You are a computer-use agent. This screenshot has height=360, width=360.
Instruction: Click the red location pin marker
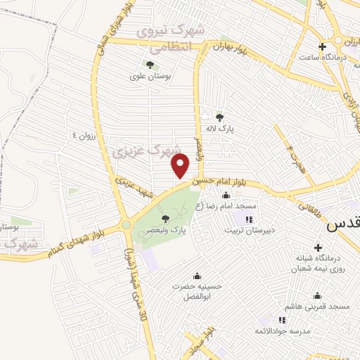tap(181, 166)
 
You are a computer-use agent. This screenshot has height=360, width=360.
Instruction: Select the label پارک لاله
tap(229, 129)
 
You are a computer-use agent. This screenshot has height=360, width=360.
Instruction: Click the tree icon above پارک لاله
tap(219, 117)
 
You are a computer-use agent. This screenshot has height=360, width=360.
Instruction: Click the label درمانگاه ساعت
tap(321, 58)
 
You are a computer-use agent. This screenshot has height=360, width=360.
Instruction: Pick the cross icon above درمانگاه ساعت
tap(322, 47)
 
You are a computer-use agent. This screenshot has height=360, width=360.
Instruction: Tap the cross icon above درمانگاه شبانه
tap(319, 248)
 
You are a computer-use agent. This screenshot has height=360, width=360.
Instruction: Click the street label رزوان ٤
tap(82, 134)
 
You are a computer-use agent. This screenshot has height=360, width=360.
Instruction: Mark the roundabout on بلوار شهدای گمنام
tap(126, 225)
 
